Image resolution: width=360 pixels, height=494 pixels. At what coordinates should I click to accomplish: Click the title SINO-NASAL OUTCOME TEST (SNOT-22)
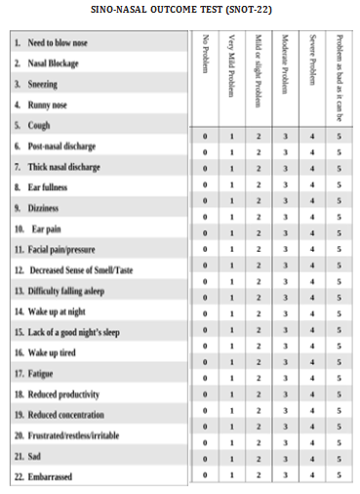pyautogui.click(x=180, y=9)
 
